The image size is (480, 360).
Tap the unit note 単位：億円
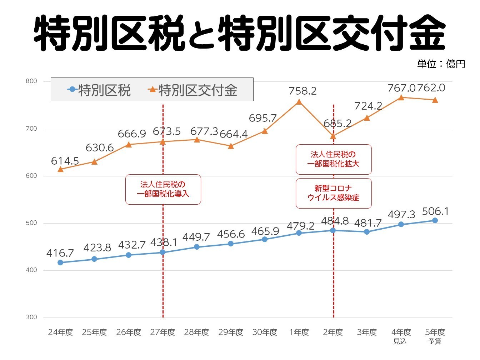[x=441, y=64]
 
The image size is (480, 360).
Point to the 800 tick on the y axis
[x=31, y=81]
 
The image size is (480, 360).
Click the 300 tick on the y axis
[x=31, y=317]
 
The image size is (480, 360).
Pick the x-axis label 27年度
[x=162, y=332]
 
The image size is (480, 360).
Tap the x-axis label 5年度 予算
[x=435, y=336]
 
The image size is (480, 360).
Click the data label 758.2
[x=302, y=91]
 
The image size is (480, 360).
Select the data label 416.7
[x=60, y=253]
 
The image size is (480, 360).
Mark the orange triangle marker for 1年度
[x=299, y=102]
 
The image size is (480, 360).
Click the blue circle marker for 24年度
[x=60, y=262]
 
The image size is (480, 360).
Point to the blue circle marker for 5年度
[x=435, y=220]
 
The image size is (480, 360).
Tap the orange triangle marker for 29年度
[x=231, y=146]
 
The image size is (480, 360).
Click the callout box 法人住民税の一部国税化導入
[x=163, y=189]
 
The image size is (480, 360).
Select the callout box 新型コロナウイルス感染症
[x=334, y=193]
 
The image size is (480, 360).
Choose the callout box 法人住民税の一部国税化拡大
[x=334, y=159]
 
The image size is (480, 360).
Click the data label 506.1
[x=435, y=211]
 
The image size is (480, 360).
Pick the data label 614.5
[x=65, y=161]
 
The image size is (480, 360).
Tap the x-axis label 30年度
[x=265, y=332]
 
